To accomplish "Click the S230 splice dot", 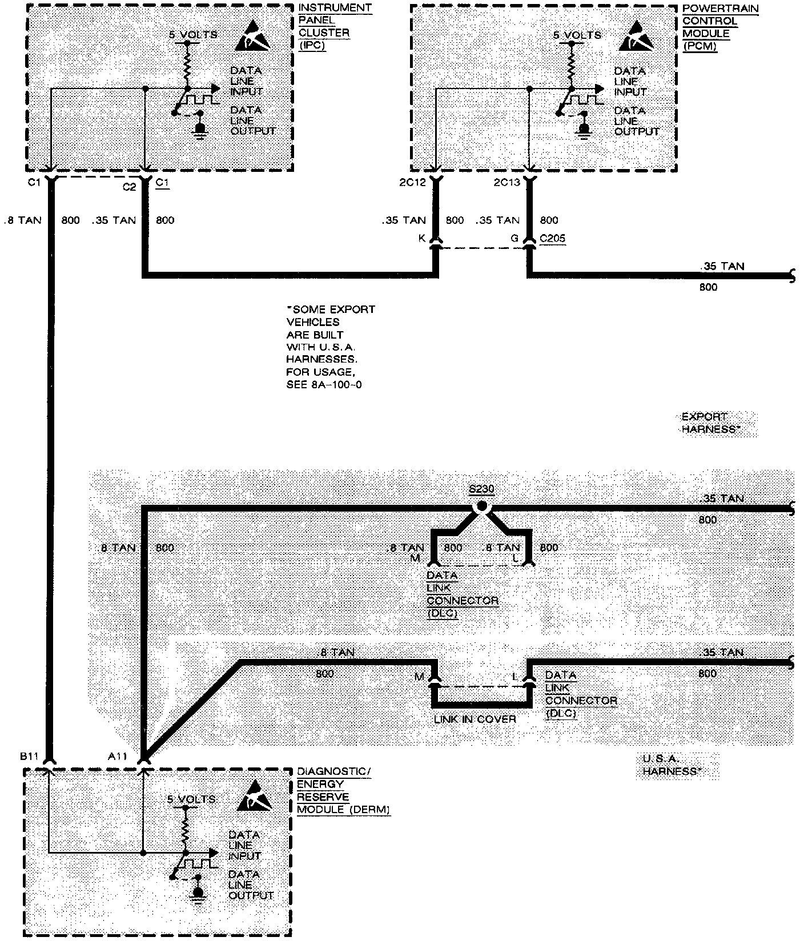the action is pyautogui.click(x=481, y=506).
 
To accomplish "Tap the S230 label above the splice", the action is pyautogui.click(x=481, y=489).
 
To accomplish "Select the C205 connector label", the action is pyautogui.click(x=552, y=238).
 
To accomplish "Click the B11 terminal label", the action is pyautogui.click(x=29, y=757).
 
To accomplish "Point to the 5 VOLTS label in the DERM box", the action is pyautogui.click(x=191, y=799).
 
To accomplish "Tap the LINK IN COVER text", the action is pyautogui.click(x=475, y=719).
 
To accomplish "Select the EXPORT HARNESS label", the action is pyautogui.click(x=707, y=423).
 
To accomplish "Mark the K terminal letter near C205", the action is pyautogui.click(x=422, y=238).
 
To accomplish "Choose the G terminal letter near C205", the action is pyautogui.click(x=514, y=238).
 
